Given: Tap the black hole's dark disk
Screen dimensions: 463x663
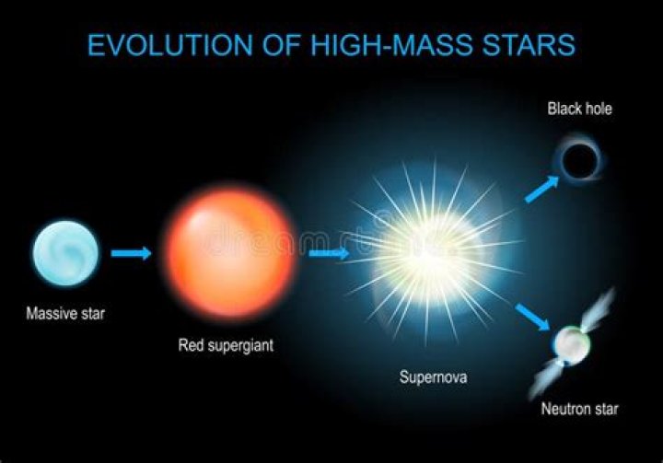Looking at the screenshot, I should pyautogui.click(x=580, y=162).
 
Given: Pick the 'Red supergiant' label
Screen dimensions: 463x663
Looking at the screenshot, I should pyautogui.click(x=226, y=346).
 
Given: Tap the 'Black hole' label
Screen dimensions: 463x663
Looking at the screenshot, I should pyautogui.click(x=579, y=110).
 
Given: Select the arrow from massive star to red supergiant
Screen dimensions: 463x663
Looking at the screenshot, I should pyautogui.click(x=130, y=253).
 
